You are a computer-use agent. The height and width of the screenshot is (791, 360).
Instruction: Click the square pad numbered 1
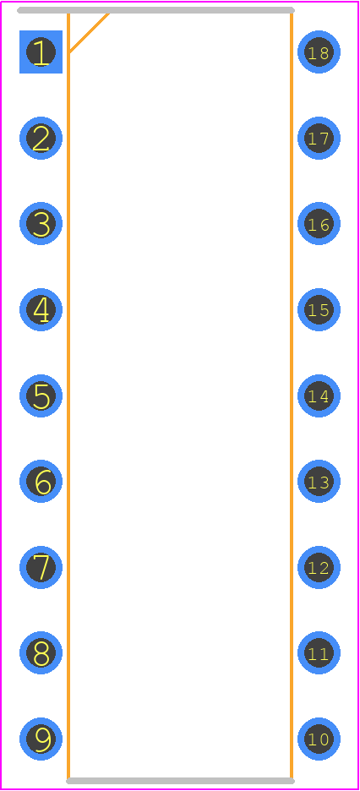point(41,52)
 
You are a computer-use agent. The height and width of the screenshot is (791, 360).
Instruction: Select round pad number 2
point(41,139)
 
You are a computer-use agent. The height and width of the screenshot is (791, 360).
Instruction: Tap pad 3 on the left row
point(41,223)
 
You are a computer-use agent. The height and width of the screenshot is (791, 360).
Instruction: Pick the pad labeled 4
point(41,310)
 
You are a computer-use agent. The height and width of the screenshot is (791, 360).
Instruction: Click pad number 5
point(41,396)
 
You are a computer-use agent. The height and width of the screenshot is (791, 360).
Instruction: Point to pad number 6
point(41,481)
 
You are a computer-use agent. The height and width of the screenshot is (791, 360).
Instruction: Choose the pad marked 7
point(41,568)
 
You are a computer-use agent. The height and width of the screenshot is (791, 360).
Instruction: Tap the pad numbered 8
point(41,652)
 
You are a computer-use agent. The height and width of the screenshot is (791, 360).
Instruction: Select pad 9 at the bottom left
point(41,739)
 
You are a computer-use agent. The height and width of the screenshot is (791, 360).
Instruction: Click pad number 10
point(319,739)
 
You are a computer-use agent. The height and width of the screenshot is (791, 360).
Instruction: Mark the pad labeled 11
point(319,652)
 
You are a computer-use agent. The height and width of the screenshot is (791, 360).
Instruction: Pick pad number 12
point(319,568)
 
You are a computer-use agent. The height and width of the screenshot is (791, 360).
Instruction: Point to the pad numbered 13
point(319,481)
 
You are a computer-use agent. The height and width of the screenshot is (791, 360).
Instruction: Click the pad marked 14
point(319,396)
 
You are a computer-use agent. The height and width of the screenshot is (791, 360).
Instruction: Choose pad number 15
point(319,310)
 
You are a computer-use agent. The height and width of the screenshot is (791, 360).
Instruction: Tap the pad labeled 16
point(319,223)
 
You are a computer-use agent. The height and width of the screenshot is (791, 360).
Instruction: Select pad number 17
point(319,139)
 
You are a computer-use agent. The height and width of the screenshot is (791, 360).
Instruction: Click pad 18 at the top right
point(319,52)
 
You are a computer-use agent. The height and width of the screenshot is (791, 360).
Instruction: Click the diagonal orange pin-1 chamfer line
point(89,33)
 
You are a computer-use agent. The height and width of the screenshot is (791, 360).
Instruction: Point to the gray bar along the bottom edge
point(180,781)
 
